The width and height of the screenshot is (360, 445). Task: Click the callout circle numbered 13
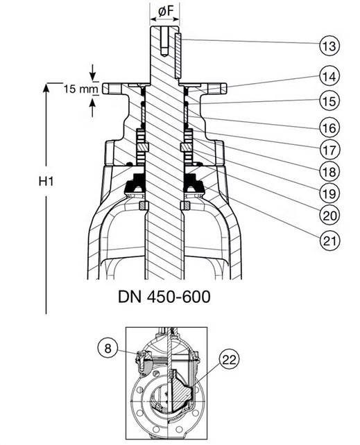tap(329, 46)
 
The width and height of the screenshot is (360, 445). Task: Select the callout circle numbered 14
tap(329, 76)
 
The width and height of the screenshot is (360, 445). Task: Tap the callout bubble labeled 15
tap(329, 101)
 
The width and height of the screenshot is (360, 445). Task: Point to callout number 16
tap(329, 128)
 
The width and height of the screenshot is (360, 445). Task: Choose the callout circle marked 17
tap(329, 150)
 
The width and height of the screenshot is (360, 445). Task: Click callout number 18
tap(329, 171)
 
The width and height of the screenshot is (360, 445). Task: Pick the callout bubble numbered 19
tap(329, 193)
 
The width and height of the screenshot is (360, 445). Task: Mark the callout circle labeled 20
tap(329, 216)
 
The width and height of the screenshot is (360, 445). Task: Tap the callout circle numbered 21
tap(329, 241)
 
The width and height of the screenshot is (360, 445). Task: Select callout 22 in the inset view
tap(229, 360)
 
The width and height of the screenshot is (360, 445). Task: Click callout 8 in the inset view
tap(108, 348)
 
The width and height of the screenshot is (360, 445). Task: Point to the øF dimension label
tap(166, 11)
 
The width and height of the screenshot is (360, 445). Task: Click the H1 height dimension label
tap(46, 181)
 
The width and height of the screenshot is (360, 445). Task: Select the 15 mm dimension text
tap(80, 89)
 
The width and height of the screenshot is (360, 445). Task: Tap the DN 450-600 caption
tap(164, 297)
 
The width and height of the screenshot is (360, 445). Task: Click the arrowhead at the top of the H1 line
tap(46, 87)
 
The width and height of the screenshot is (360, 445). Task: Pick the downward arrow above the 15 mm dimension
tap(92, 72)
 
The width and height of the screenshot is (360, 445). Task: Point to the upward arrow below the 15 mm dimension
tap(92, 109)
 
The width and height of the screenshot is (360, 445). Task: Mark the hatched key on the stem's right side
tap(178, 55)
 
